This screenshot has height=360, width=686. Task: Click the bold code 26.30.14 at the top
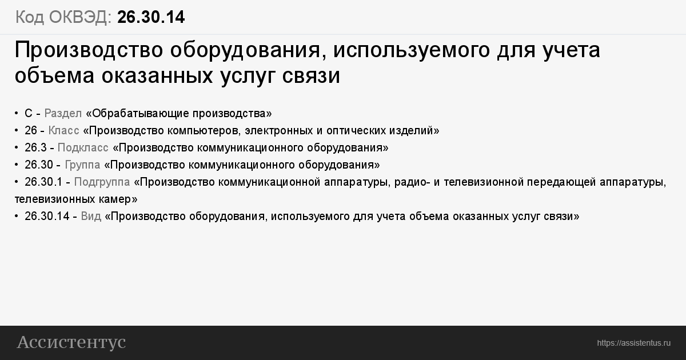coord(151,17)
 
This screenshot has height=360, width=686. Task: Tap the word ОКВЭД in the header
coord(80,17)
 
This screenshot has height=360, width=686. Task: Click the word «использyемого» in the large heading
coord(411,50)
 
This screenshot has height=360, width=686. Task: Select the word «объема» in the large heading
coord(54,75)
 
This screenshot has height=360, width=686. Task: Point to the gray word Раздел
coord(63,114)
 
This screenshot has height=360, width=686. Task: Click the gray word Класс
coord(63,130)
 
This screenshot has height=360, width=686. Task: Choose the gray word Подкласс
coord(83,147)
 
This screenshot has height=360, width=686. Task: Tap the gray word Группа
coord(82,165)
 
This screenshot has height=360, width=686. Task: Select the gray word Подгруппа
coord(102,182)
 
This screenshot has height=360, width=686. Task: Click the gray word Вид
coord(91,216)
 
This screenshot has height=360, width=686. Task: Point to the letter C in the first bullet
coord(29,113)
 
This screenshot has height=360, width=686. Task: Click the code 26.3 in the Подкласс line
coord(35,147)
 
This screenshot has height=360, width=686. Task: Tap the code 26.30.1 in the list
coord(43,182)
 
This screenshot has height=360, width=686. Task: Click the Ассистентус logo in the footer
coord(71,342)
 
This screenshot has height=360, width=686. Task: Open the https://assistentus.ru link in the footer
coord(633,343)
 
